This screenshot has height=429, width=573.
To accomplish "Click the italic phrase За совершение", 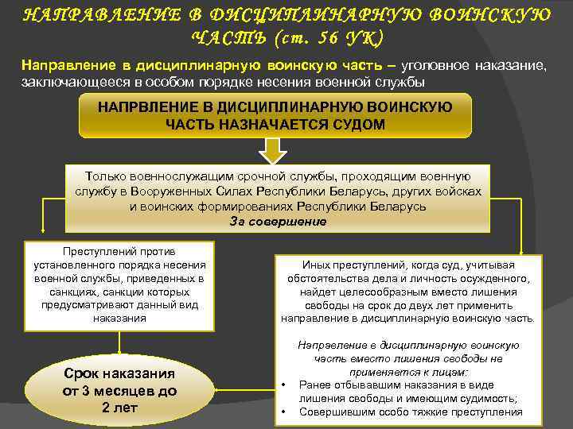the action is click(278, 222).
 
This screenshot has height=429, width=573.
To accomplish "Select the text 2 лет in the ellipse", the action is click(119, 408).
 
